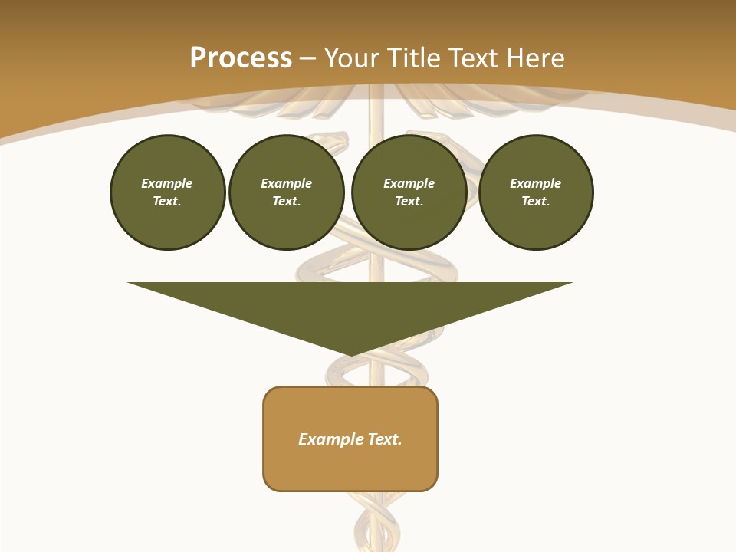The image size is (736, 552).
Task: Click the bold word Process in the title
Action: pyautogui.click(x=241, y=58)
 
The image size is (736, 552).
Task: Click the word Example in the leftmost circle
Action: pyautogui.click(x=167, y=183)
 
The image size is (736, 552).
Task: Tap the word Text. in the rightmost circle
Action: pyautogui.click(x=535, y=201)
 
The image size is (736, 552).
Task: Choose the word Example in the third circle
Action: pyautogui.click(x=409, y=183)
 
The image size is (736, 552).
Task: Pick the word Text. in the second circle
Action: pyautogui.click(x=286, y=201)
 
